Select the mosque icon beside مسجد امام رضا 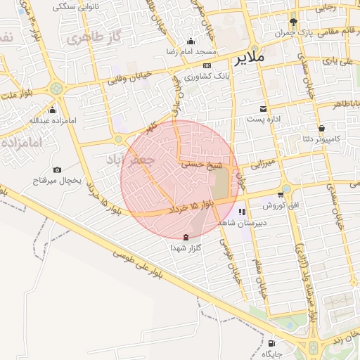click(x=191, y=41)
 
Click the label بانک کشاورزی click(x=205, y=76)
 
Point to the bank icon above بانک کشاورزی click(x=206, y=65)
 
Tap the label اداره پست click(x=264, y=120)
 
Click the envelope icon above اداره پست click(x=264, y=109)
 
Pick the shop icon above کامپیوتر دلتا click(x=321, y=128)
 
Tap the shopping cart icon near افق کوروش click(x=281, y=195)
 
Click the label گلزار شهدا click(x=186, y=248)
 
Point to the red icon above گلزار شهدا click(x=186, y=237)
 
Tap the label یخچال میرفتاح click(x=58, y=181)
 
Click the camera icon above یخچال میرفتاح click(x=57, y=169)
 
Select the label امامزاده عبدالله click(x=51, y=120)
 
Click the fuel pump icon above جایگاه click(x=271, y=344)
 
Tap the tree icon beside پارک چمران click(x=294, y=22)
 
